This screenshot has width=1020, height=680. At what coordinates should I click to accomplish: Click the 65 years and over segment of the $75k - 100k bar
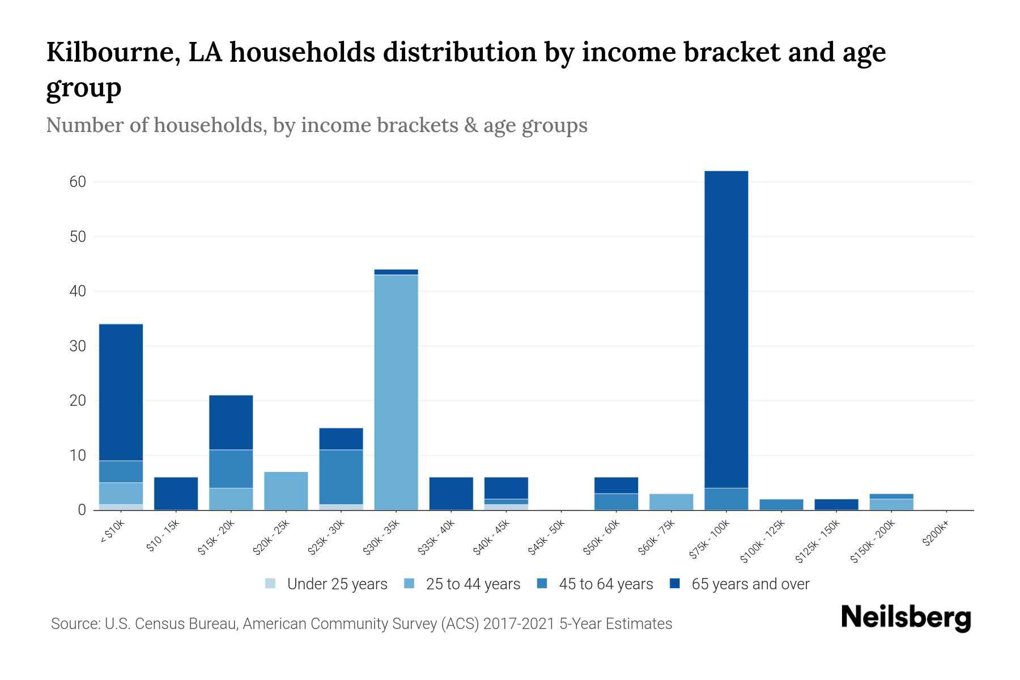[726, 329]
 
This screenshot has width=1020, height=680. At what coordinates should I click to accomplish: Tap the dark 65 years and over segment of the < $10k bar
[121, 392]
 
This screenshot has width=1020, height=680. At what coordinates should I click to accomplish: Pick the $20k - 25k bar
[286, 491]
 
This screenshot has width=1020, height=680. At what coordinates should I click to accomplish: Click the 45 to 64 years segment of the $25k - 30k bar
[341, 477]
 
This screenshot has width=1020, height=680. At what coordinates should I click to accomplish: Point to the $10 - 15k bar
[176, 494]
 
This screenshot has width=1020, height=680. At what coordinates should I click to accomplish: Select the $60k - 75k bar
[671, 502]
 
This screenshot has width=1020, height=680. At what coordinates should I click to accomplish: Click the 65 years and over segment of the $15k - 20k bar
[231, 422]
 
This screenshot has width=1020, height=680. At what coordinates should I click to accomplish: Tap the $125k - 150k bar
[836, 504]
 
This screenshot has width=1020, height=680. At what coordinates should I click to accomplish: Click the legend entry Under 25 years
[337, 584]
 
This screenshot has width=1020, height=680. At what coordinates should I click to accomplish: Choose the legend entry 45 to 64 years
[605, 584]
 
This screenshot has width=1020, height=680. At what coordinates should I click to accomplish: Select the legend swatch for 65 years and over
[674, 584]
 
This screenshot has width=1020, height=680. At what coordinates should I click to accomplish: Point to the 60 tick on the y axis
[78, 182]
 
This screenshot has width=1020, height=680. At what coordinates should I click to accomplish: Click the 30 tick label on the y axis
[78, 346]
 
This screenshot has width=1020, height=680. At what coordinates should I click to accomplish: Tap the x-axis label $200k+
[935, 535]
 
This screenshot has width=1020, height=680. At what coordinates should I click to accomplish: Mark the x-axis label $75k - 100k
[709, 542]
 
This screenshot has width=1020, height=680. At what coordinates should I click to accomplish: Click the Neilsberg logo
[906, 618]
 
